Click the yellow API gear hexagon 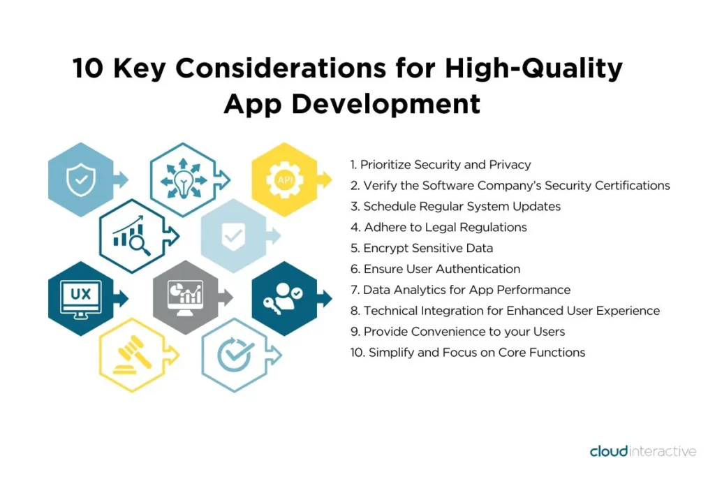tap(285, 179)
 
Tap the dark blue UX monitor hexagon tap(81, 299)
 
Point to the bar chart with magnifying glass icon tap(132, 236)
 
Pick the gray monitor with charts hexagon tap(185, 298)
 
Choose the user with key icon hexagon tap(285, 299)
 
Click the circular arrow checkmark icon tap(235, 355)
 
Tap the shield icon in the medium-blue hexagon tap(81, 179)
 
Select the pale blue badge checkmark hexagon tap(233, 236)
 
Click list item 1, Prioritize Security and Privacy tap(441, 165)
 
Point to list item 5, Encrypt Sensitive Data tap(422, 248)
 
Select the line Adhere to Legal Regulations tap(438, 227)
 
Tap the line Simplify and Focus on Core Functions tap(468, 353)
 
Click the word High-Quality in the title tap(533, 68)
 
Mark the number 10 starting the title tap(88, 68)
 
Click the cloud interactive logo tap(643, 451)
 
